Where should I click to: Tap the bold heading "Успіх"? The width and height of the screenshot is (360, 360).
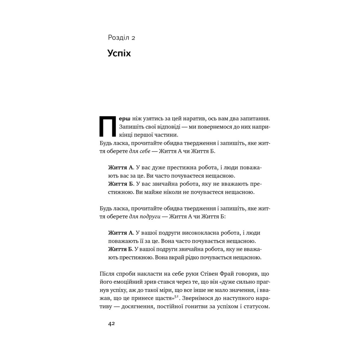point(119,53)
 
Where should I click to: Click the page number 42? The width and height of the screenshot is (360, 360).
point(111,323)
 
